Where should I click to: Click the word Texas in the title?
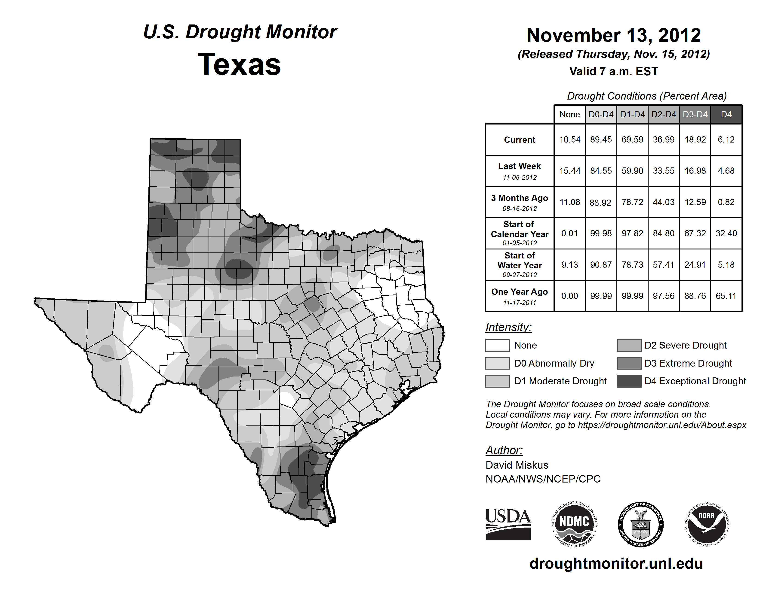pos(239,64)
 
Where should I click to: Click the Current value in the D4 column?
pos(726,140)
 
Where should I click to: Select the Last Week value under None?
pos(569,171)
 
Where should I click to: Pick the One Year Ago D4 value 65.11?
pos(726,296)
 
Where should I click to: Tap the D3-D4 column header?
pos(695,114)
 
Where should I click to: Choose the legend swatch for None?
pos(497,345)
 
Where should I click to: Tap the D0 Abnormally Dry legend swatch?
pos(497,363)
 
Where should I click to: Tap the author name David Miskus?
pos(517,465)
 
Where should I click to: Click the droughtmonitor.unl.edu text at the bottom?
pos(616,564)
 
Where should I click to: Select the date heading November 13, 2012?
pos(613,35)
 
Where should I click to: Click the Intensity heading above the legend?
pos(508,327)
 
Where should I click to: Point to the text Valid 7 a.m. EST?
pos(613,72)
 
